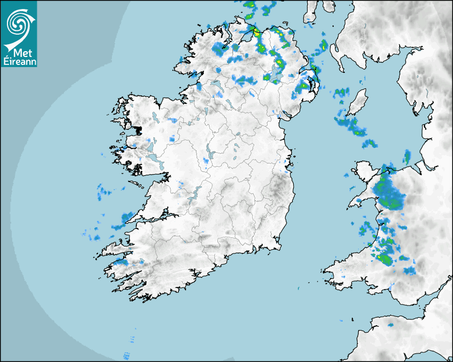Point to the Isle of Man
coord(358,102)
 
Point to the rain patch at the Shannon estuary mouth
coord(126,217)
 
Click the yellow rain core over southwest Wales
coord(383,259)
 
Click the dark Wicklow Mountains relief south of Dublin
coord(277,189)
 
